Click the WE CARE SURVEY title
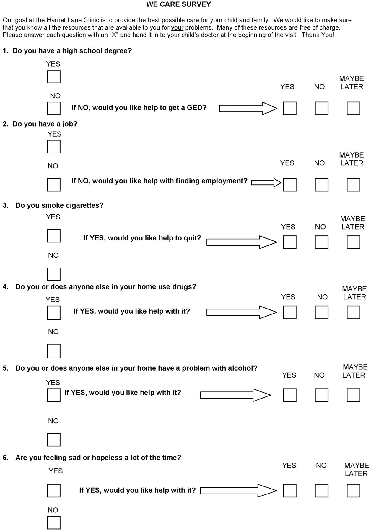coord(178,4)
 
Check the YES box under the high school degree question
coord(53,77)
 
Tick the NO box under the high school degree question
coord(53,108)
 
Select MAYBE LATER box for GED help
coord(353,108)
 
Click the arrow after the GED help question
coord(248,108)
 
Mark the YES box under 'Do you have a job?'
coord(53,147)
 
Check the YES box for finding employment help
coord(289,185)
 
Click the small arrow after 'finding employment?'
coord(266,183)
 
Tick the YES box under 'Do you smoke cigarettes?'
coord(53,236)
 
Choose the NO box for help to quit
coord(321,242)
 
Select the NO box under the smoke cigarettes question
coord(53,274)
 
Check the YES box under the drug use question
coord(53,312)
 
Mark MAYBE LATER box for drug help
coord(353,312)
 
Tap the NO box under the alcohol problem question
coord(53,440)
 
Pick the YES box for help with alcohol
coord(289,395)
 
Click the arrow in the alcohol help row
coord(235,395)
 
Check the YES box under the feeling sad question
coord(53,491)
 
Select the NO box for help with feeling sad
coord(321,491)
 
